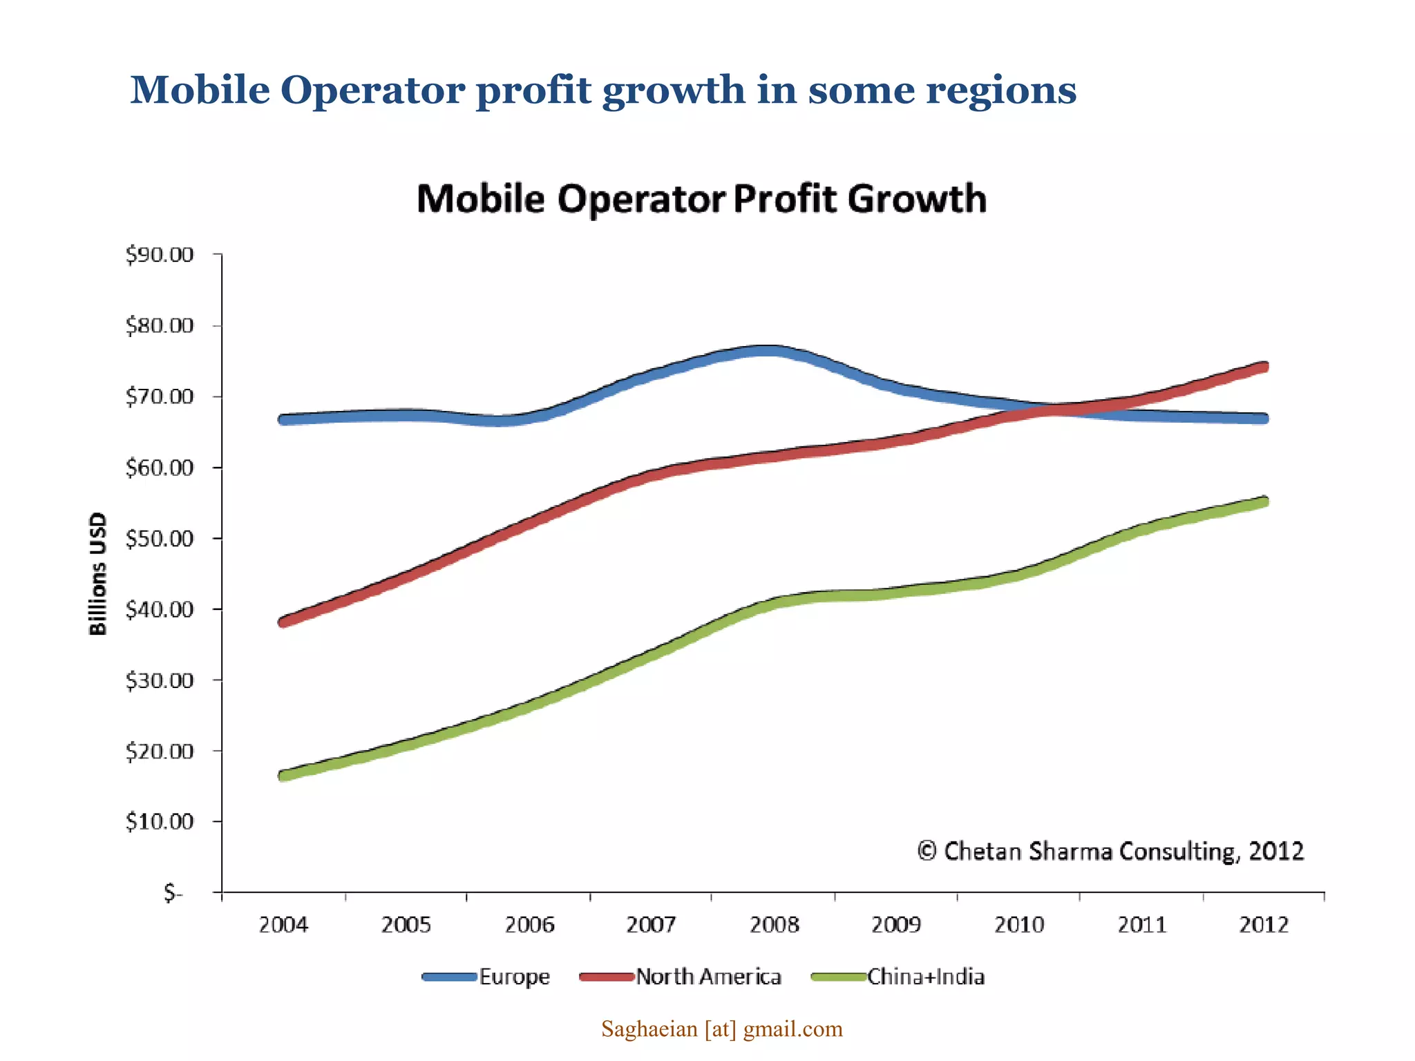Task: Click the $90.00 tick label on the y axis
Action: point(159,255)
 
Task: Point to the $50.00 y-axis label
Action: point(159,539)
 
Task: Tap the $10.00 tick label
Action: point(159,822)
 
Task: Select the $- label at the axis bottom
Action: point(173,893)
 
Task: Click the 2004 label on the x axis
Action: point(283,924)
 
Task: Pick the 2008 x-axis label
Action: point(774,924)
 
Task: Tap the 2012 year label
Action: point(1264,924)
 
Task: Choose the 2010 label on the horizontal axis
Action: point(1019,924)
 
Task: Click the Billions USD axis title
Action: point(98,573)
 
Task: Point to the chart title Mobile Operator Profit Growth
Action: point(701,199)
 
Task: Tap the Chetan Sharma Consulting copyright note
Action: point(1110,851)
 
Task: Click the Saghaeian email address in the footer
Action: point(721,1029)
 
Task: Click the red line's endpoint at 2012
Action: point(1264,367)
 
